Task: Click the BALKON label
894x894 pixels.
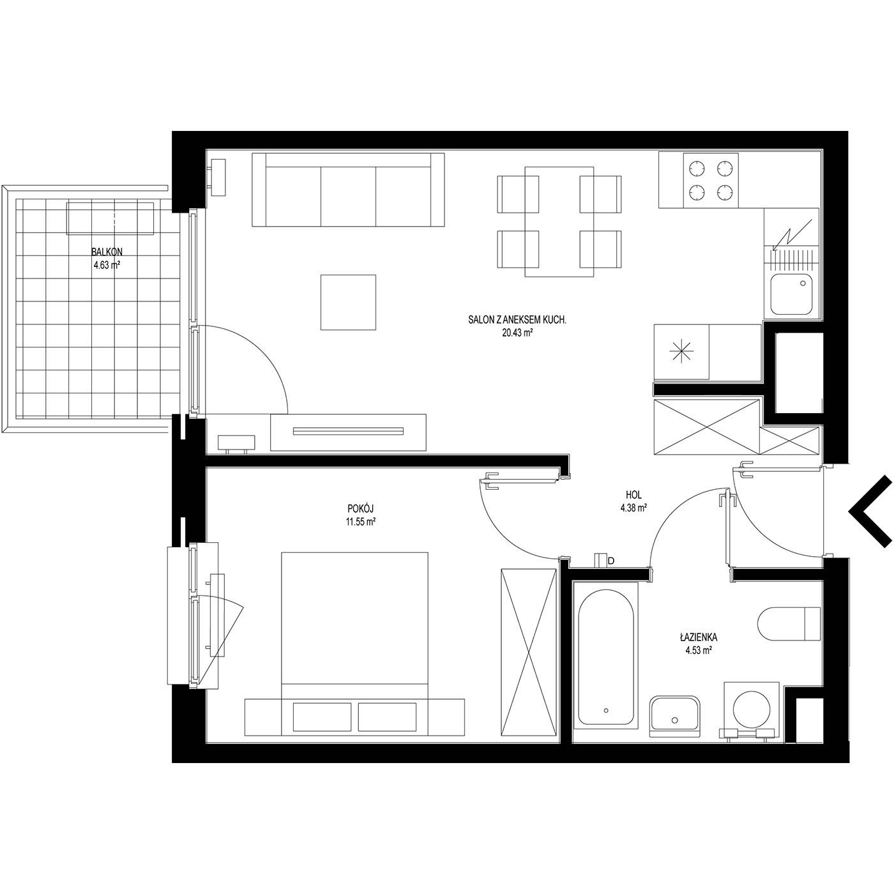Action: point(107,252)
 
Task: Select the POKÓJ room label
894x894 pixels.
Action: point(360,510)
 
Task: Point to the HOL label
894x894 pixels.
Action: point(633,495)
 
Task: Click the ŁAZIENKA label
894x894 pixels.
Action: point(699,637)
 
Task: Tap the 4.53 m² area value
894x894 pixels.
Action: point(699,651)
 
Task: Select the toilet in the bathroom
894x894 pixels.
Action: point(789,624)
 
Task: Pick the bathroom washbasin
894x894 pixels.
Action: point(674,720)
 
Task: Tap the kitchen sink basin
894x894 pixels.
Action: point(791,294)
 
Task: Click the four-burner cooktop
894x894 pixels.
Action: point(711,180)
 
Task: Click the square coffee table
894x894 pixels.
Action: point(348,302)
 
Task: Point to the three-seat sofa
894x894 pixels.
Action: point(348,190)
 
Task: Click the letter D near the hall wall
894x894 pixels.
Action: point(611,561)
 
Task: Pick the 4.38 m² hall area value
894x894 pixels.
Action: point(633,508)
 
